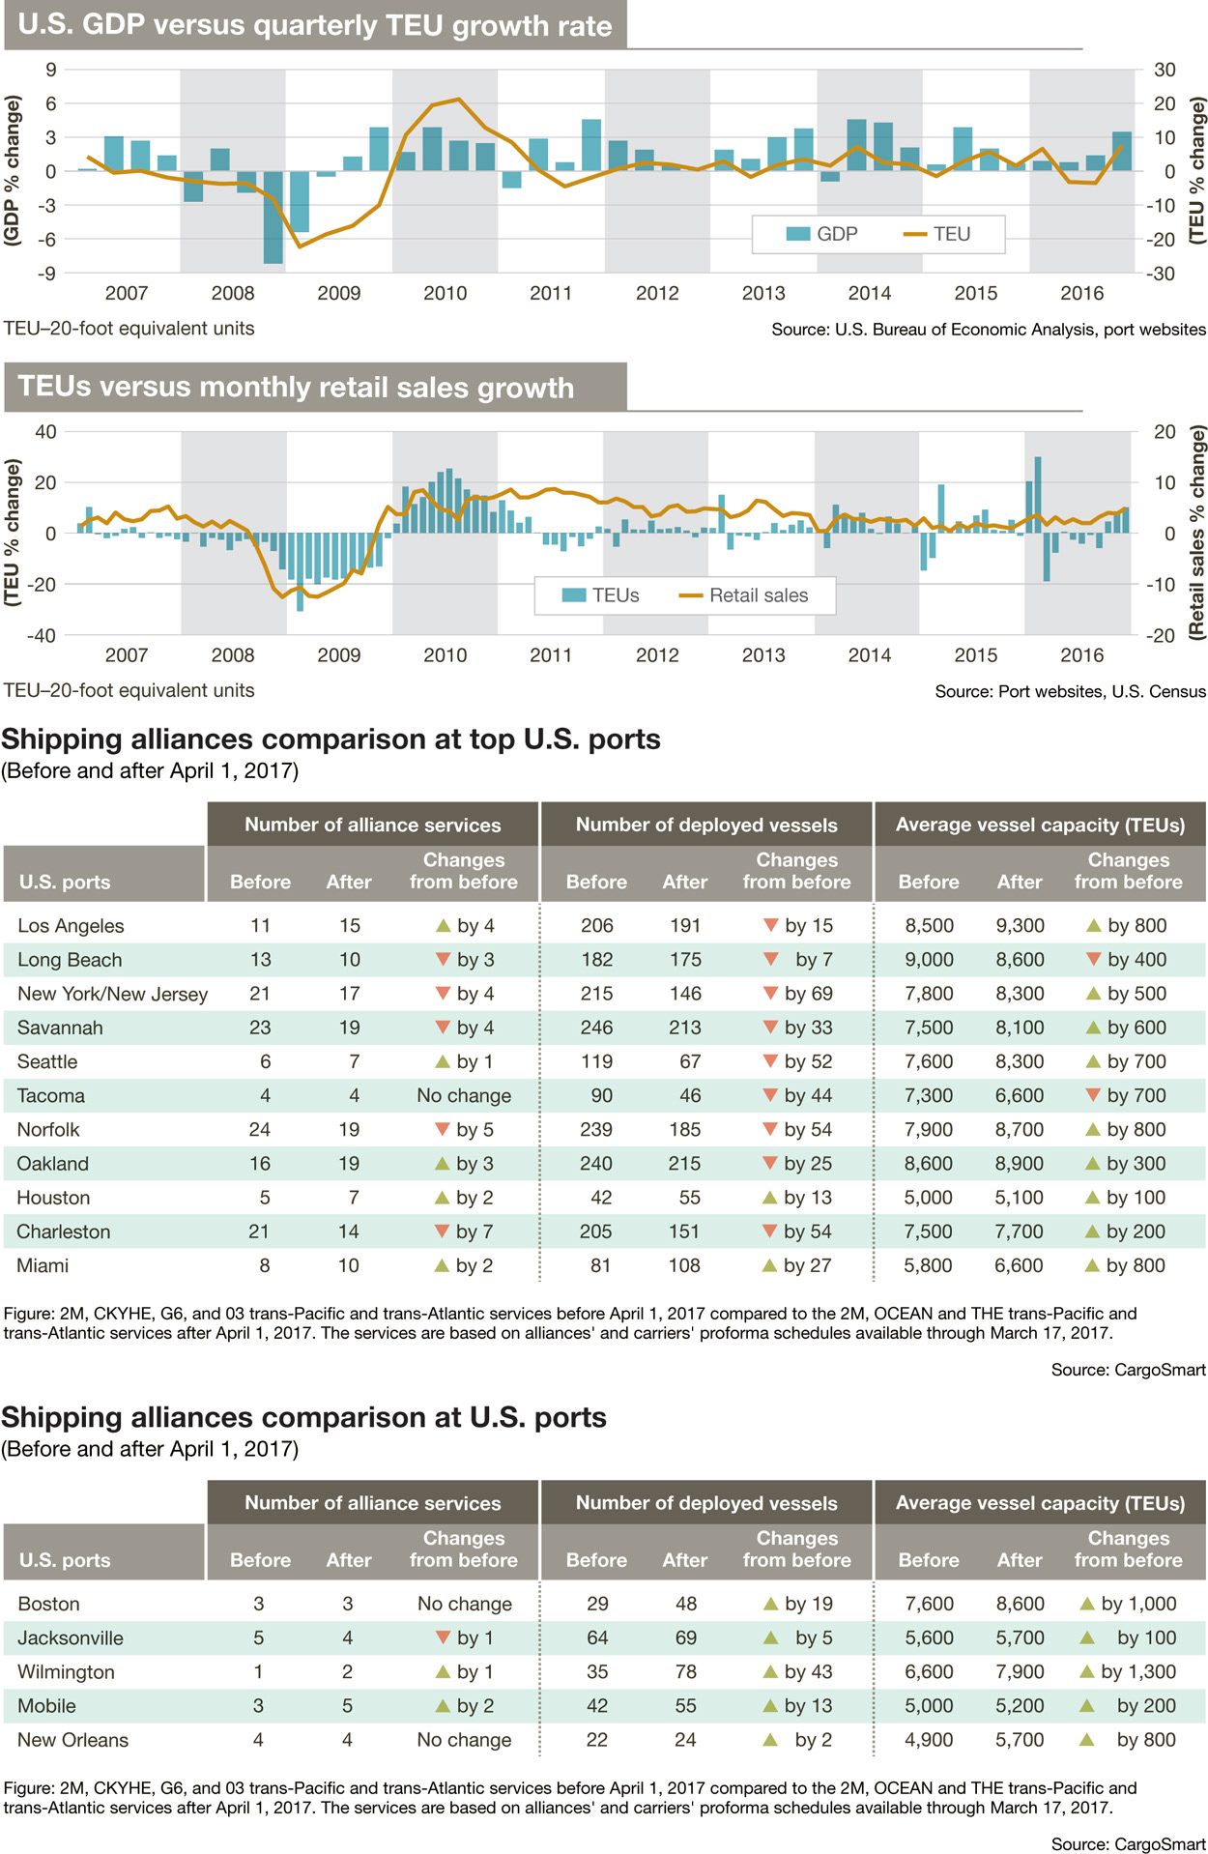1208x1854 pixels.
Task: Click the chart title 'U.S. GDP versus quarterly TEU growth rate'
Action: tap(315, 25)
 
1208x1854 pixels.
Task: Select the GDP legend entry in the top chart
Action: tap(822, 234)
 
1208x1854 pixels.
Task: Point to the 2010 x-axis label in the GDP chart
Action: tap(445, 293)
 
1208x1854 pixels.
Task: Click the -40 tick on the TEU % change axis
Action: tap(44, 635)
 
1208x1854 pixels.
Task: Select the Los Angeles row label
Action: tap(71, 925)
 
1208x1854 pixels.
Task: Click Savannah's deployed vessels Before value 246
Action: tap(596, 1028)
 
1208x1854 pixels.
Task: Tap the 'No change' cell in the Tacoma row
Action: tap(464, 1095)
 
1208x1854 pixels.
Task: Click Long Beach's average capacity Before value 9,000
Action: tap(929, 960)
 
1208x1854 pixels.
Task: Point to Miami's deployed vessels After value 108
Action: tap(684, 1265)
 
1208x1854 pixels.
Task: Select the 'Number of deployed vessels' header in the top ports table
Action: tap(706, 825)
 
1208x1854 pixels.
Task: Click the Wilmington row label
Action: tap(66, 1671)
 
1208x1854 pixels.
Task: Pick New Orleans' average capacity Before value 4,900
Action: tap(929, 1740)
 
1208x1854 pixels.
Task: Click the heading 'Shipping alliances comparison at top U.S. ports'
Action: tap(331, 739)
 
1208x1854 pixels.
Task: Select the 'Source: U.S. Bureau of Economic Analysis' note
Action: tap(988, 330)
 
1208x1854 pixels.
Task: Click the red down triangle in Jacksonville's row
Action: tap(444, 1637)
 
